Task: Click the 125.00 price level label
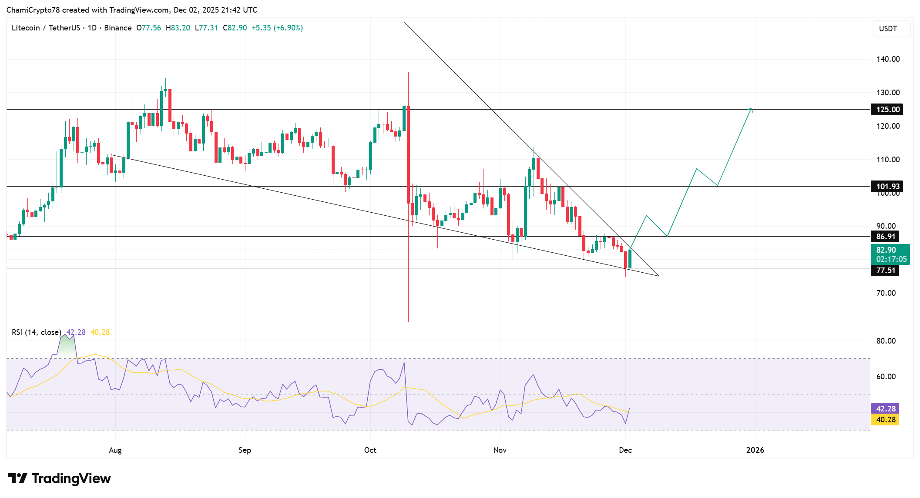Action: pyautogui.click(x=887, y=110)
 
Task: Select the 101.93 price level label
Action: pyautogui.click(x=887, y=187)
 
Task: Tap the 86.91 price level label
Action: pyautogui.click(x=886, y=237)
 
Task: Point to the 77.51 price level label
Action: pyautogui.click(x=886, y=271)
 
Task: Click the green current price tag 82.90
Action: pyautogui.click(x=890, y=254)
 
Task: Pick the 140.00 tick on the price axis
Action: pyautogui.click(x=888, y=59)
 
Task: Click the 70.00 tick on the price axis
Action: pyautogui.click(x=886, y=293)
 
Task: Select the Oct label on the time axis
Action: pyautogui.click(x=370, y=450)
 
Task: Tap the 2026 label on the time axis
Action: pyautogui.click(x=755, y=450)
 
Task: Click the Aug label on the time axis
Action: pyautogui.click(x=115, y=450)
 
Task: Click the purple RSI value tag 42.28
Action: pyautogui.click(x=885, y=409)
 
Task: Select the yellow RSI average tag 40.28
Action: pyautogui.click(x=885, y=420)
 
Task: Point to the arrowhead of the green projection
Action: pyautogui.click(x=750, y=109)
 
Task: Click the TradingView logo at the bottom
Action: pyautogui.click(x=59, y=478)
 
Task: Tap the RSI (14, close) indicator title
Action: pyautogui.click(x=36, y=332)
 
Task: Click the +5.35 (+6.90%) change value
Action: pyautogui.click(x=277, y=28)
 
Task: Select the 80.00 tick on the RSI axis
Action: pyautogui.click(x=886, y=341)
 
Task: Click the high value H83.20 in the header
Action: pyautogui.click(x=178, y=28)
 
